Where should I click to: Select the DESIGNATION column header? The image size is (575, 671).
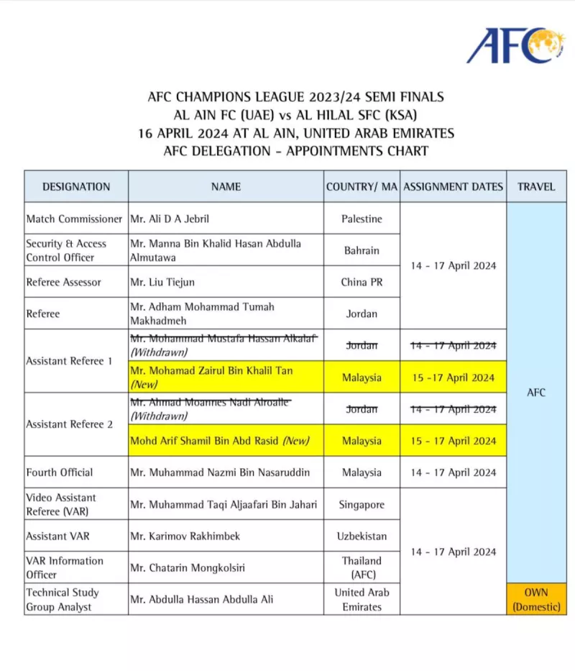tap(76, 186)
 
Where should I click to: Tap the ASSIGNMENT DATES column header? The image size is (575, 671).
tap(453, 186)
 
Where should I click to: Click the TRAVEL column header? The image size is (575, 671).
tap(536, 186)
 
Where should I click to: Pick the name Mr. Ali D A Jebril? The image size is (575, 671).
tap(170, 219)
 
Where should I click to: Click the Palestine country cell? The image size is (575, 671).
tap(362, 219)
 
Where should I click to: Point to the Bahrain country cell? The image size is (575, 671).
tap(362, 250)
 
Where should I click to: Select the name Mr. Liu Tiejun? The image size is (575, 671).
tap(162, 282)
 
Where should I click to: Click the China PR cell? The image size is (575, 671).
tap(362, 282)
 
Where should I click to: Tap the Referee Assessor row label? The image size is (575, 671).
tap(64, 282)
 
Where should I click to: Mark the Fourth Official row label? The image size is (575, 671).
tap(60, 473)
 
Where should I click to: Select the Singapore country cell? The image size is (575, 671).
tap(362, 504)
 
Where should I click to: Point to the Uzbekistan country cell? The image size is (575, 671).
tap(362, 536)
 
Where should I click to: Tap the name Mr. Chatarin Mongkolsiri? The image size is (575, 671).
tap(188, 567)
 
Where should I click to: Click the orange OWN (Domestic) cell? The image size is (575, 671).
tap(536, 599)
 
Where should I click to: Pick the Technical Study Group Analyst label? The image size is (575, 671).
tap(63, 599)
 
